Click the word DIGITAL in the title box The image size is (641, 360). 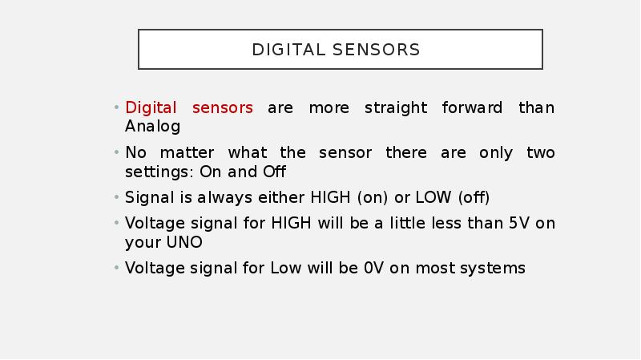pyautogui.click(x=288, y=50)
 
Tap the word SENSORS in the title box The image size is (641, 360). pyautogui.click(x=376, y=50)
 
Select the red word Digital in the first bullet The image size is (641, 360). pyautogui.click(x=151, y=108)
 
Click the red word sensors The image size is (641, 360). pyautogui.click(x=223, y=108)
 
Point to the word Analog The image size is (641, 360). pyautogui.click(x=152, y=127)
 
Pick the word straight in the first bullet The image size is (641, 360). pyautogui.click(x=396, y=108)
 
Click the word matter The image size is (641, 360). pyautogui.click(x=187, y=153)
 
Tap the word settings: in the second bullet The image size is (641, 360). pyautogui.click(x=159, y=172)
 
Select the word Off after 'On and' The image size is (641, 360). pyautogui.click(x=274, y=172)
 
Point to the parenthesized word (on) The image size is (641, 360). pyautogui.click(x=373, y=198)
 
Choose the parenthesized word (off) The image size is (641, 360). pyautogui.click(x=474, y=198)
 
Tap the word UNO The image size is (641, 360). pyautogui.click(x=184, y=243)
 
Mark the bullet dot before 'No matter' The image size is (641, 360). pyautogui.click(x=116, y=152)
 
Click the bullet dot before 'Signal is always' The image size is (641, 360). pyautogui.click(x=116, y=197)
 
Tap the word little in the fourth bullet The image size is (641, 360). pyautogui.click(x=405, y=224)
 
